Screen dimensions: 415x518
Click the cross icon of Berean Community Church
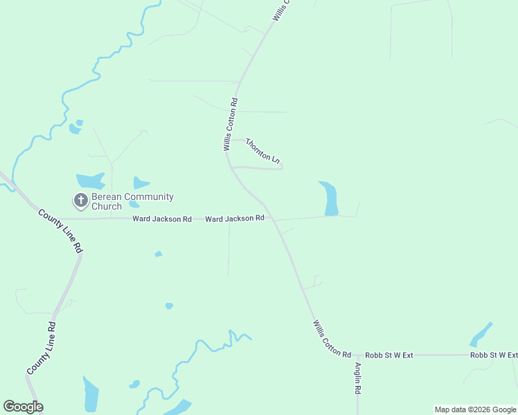click(x=80, y=201)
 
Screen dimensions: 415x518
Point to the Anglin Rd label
click(x=358, y=378)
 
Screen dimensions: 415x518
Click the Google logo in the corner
click(x=23, y=407)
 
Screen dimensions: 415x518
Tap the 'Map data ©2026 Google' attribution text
click(x=475, y=409)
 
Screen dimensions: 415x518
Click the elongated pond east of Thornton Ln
click(x=330, y=199)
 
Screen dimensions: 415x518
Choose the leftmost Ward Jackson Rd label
click(x=162, y=219)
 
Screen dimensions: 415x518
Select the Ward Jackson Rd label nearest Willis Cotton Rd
click(x=235, y=219)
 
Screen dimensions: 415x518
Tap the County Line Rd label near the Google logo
click(x=41, y=349)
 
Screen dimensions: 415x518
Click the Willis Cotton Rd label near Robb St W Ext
click(x=332, y=338)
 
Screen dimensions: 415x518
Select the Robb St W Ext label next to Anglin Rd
click(x=389, y=355)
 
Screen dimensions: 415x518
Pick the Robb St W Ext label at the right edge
click(x=493, y=355)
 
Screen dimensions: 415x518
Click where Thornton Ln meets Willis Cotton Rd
click(x=227, y=140)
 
